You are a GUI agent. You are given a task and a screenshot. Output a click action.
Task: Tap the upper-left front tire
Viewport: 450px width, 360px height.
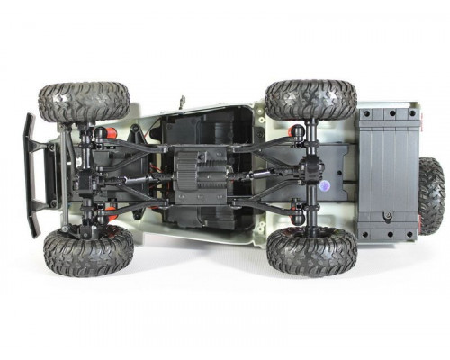pos(84,102)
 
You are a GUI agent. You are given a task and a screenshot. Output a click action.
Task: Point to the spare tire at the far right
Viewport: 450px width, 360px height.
pos(431,195)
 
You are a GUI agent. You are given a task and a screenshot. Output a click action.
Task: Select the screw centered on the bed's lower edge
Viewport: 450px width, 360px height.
pos(388,217)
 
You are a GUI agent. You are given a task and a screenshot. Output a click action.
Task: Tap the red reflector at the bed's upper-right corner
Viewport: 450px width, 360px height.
pos(413,114)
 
